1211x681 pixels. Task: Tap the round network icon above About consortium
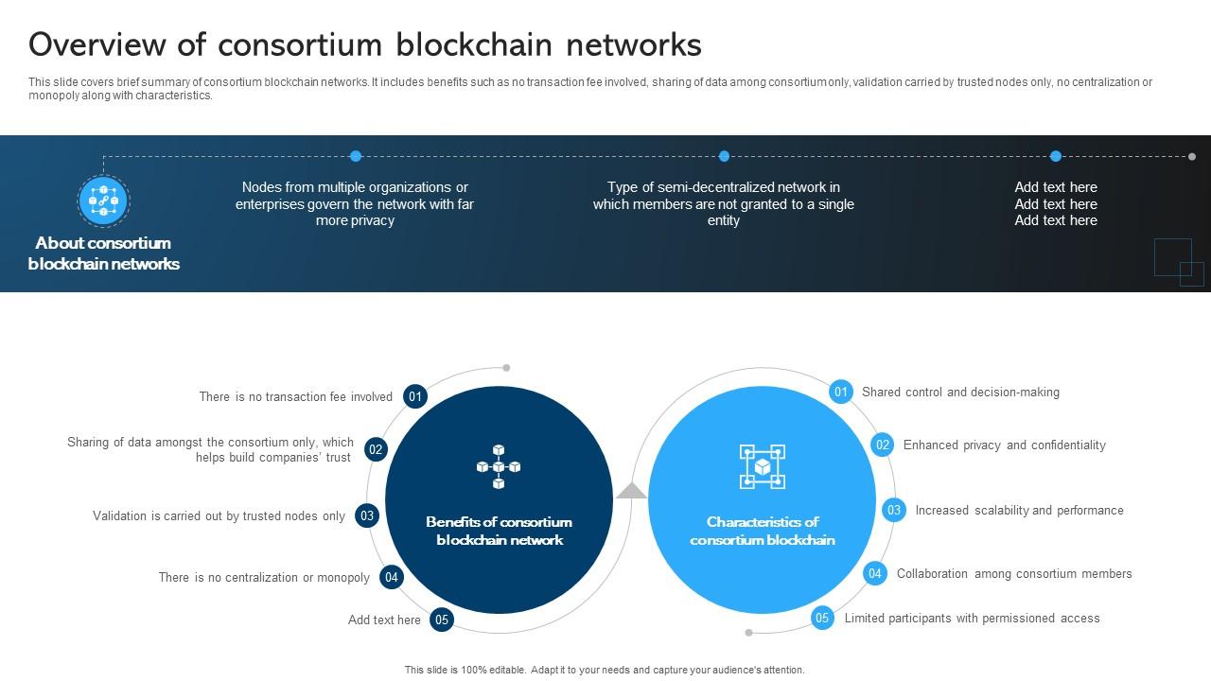pos(103,201)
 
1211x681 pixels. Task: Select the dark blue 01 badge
pos(414,396)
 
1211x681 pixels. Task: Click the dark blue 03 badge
pos(367,515)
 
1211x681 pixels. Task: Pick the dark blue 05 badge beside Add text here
pos(442,620)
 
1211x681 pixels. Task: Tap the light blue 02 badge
pos(882,445)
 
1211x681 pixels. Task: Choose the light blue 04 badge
pos(875,573)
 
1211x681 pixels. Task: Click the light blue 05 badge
pos(822,618)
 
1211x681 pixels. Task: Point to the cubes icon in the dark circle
pos(499,467)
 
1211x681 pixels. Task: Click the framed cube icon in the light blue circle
pos(762,467)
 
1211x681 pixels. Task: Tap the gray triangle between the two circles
pos(632,491)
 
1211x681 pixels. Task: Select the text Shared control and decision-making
pos(960,392)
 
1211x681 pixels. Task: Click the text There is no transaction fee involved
pos(295,396)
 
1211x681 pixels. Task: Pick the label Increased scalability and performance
pos(1019,510)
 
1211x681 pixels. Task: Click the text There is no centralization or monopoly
pos(264,577)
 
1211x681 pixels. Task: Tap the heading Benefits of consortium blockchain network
pos(499,531)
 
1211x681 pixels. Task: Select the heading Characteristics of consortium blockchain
pos(762,531)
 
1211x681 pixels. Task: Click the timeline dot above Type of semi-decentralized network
pos(724,156)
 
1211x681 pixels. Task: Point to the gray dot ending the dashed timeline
pos(1192,157)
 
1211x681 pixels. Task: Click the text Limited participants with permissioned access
pos(972,618)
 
